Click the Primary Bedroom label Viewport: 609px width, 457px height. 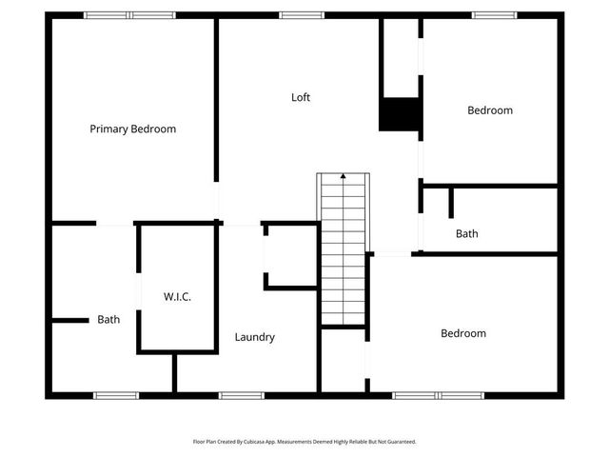(x=132, y=129)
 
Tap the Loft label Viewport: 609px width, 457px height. (x=301, y=97)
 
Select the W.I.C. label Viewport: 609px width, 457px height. (x=177, y=297)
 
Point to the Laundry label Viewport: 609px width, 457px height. (x=255, y=337)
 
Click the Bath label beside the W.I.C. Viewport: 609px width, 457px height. (x=108, y=320)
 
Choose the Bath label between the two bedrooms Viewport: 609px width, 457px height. (x=466, y=233)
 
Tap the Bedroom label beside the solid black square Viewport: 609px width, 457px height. (x=489, y=110)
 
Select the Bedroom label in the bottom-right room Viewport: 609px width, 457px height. (x=462, y=333)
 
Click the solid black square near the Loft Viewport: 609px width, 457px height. (x=400, y=114)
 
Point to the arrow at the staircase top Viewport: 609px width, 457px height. (x=343, y=176)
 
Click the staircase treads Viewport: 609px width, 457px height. (x=343, y=257)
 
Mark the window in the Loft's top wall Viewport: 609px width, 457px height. (x=301, y=15)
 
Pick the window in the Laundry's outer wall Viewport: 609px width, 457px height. (x=241, y=395)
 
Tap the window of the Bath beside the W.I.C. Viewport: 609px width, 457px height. (x=116, y=395)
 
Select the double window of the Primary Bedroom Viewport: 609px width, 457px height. (x=129, y=15)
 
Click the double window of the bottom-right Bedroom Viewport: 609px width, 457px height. (x=439, y=395)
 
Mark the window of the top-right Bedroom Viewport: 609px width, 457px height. (x=495, y=15)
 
